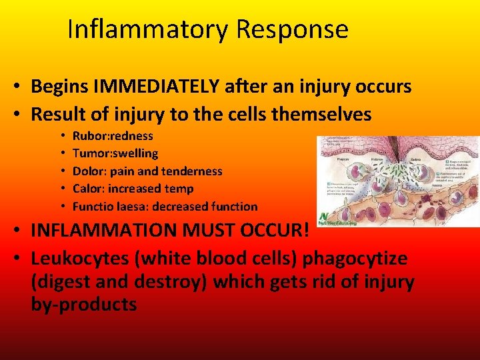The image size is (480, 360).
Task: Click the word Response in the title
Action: coord(291,30)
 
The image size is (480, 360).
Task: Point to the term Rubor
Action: coord(87,136)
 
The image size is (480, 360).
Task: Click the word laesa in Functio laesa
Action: coord(130,207)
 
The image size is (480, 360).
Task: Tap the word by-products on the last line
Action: coord(84,305)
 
